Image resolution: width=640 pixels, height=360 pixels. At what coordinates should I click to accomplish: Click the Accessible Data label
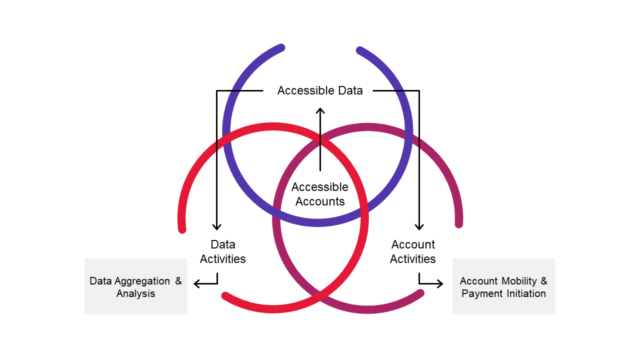320,90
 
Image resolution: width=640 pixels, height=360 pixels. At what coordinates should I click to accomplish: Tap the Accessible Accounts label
320,194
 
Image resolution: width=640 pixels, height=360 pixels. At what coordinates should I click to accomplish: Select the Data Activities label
222,251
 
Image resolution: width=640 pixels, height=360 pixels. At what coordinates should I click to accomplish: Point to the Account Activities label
413,251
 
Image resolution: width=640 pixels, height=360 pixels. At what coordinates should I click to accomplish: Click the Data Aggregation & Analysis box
135,286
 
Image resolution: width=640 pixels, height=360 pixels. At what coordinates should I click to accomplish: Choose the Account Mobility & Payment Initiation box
503,286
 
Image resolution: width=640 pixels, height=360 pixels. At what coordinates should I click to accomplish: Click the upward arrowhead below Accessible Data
320,110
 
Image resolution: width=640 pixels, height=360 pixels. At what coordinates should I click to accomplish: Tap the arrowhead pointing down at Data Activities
216,227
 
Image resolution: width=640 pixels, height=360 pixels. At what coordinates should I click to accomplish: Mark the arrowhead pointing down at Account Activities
419,227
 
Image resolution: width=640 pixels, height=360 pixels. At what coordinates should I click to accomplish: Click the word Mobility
519,281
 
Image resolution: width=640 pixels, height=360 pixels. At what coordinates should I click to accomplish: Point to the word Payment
478,293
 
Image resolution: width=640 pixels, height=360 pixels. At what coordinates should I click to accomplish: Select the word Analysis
135,293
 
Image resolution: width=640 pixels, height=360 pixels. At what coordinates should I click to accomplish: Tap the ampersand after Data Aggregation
178,281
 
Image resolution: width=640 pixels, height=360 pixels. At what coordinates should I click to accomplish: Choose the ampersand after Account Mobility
544,281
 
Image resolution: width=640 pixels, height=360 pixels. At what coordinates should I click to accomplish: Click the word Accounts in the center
320,201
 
